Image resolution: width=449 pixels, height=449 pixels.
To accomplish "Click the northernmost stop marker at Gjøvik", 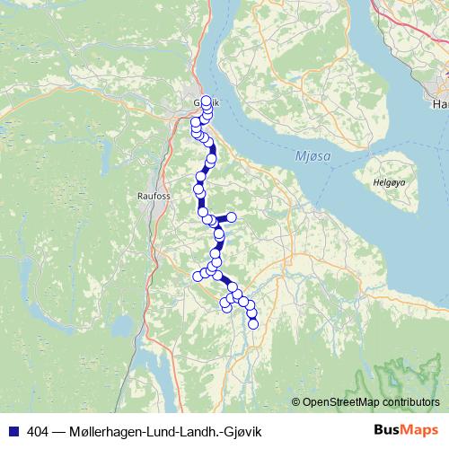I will [x=207, y=101].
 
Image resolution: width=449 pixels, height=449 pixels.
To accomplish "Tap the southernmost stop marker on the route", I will [x=253, y=323].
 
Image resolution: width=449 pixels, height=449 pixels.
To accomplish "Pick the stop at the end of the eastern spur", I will [x=231, y=217].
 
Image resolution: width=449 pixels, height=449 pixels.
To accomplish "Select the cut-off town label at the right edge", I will [x=440, y=105].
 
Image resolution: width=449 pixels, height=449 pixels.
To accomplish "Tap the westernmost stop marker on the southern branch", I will [x=198, y=275].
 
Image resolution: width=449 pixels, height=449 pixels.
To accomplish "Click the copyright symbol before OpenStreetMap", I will [x=296, y=401].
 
